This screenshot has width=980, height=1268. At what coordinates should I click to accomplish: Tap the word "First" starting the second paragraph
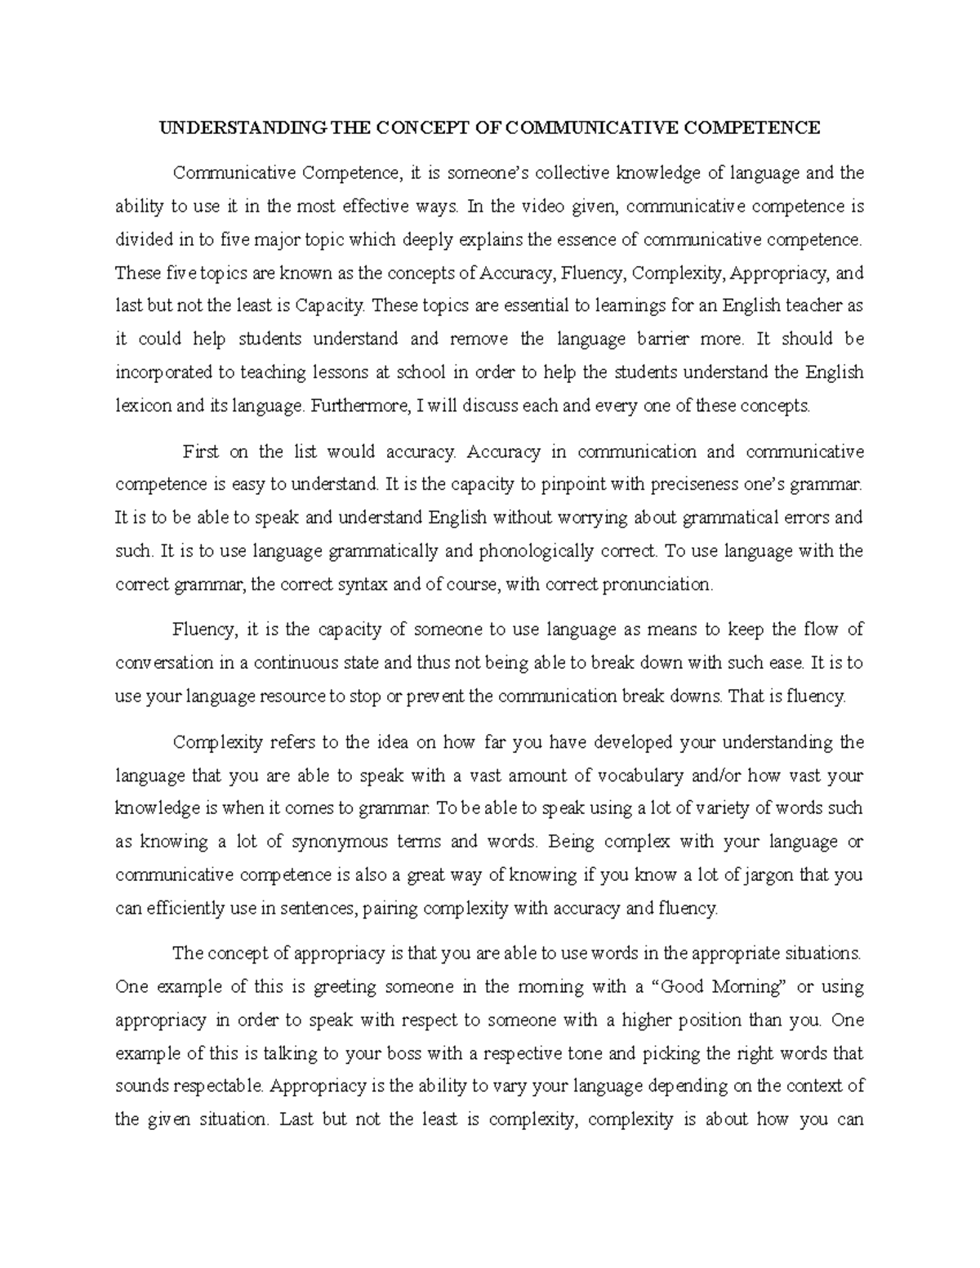tap(201, 452)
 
